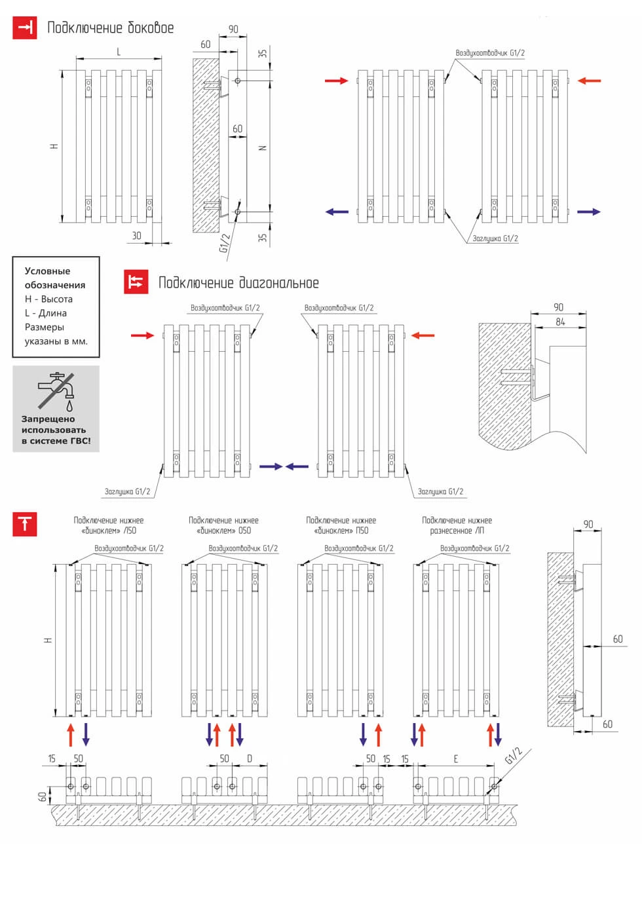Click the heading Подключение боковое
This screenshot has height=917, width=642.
pos(110,28)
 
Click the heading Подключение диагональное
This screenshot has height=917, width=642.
pos(238,283)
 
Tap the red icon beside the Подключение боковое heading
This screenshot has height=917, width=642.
pos(25,28)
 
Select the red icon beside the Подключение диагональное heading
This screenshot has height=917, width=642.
pos(136,282)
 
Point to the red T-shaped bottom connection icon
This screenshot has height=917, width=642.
pos(25,524)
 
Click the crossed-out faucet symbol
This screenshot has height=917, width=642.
pos(56,391)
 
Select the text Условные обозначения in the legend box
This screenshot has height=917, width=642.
pos(55,278)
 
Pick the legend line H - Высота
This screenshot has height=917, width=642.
pos(48,299)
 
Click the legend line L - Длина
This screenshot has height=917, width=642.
pos(46,313)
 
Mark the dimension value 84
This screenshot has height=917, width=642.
pos(560,322)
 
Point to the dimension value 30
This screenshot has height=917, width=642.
pos(136,236)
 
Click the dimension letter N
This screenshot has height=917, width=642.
pos(263,148)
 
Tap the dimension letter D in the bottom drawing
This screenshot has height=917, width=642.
pos(250,758)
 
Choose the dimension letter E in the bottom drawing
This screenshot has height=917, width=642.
pos(456,758)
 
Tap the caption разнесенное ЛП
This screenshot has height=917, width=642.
pos(457,531)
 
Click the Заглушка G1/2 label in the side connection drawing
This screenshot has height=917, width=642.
pos(495,238)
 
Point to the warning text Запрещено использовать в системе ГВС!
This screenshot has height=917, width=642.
pos(56,430)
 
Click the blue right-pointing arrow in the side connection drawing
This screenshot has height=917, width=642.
pos(588,212)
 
